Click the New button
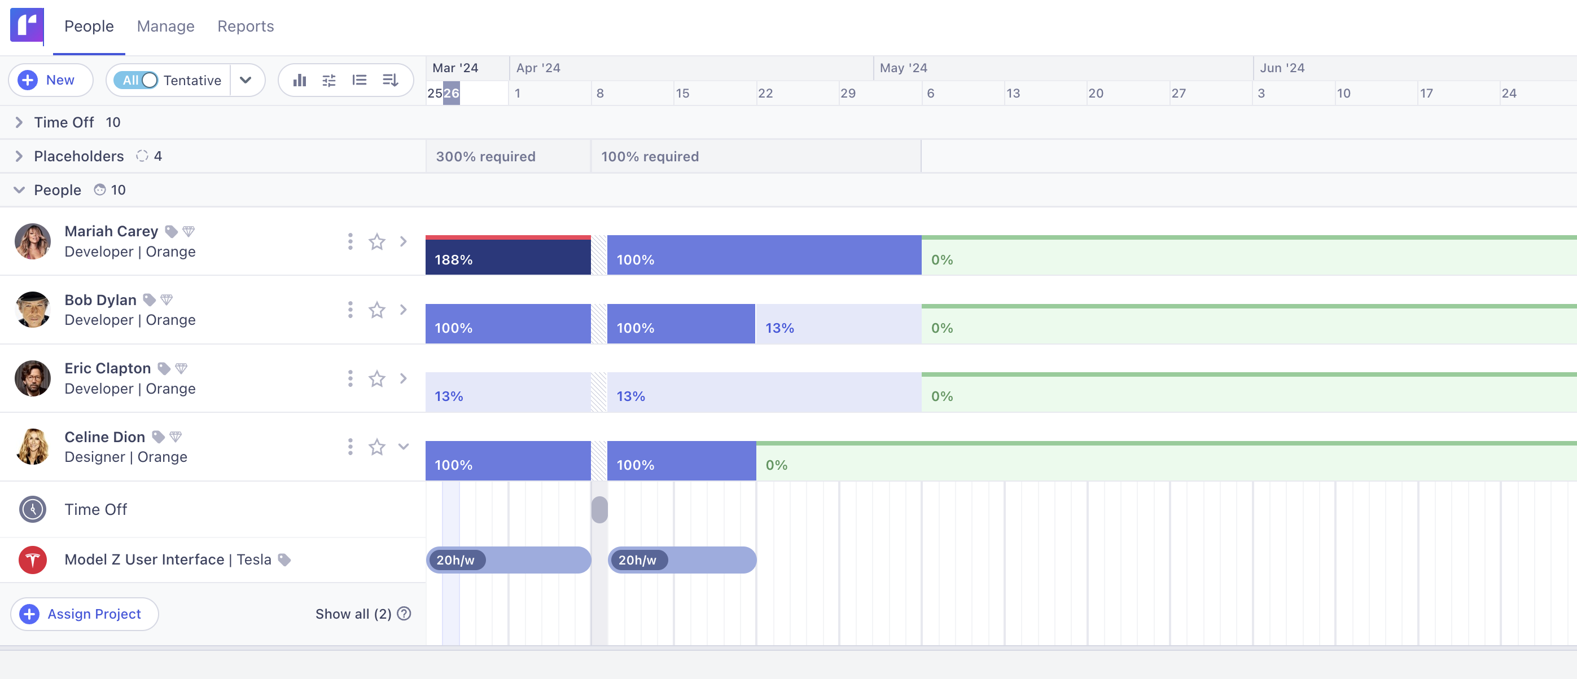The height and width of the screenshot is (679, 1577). (50, 80)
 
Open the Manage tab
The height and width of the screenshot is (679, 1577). (165, 27)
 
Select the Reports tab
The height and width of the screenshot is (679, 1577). (246, 27)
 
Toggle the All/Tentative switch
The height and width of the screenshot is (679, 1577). (141, 80)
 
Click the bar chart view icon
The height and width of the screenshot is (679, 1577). (299, 80)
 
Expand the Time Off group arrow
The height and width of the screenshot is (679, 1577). (19, 122)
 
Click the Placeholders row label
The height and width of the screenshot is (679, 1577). (78, 156)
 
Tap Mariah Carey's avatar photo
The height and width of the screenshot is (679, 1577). (32, 241)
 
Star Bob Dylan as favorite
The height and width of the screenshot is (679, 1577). (376, 310)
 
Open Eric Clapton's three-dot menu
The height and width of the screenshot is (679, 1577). (350, 378)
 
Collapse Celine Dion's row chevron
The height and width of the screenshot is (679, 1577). (404, 447)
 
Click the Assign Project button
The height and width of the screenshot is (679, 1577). (85, 614)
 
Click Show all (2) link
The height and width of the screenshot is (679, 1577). (354, 614)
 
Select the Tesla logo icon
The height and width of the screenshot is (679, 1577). (32, 559)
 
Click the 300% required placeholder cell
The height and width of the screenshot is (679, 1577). (507, 157)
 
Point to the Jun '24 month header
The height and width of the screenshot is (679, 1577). (1282, 68)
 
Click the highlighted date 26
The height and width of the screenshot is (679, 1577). (451, 93)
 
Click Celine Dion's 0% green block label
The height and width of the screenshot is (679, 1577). (776, 465)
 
